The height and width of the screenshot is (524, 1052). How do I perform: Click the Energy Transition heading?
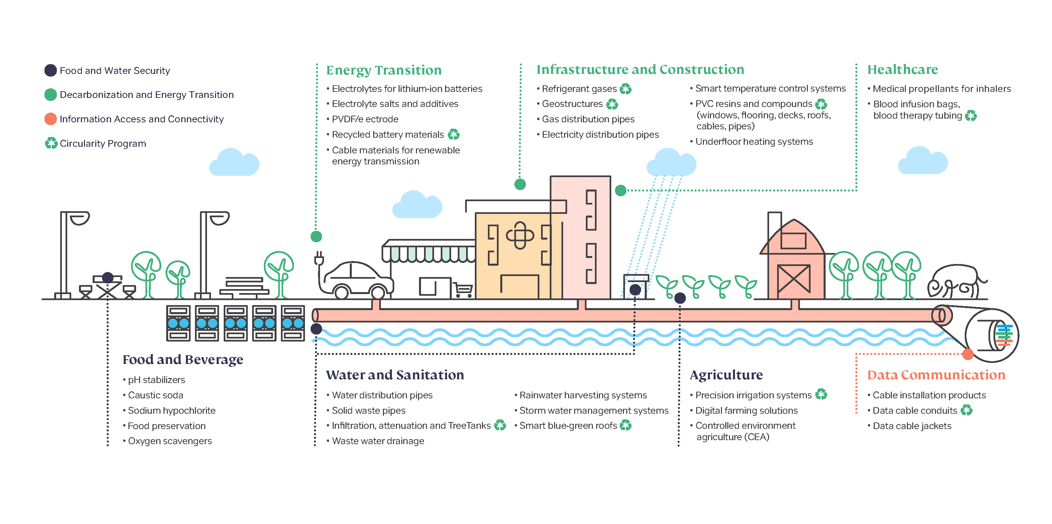click(384, 70)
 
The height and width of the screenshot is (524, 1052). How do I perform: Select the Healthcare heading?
click(903, 70)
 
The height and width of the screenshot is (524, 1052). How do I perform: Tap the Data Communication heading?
click(936, 375)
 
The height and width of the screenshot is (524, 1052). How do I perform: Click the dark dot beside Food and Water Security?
click(50, 70)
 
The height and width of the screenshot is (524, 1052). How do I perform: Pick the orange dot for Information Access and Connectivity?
click(50, 119)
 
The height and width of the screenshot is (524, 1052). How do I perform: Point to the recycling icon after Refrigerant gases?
click(625, 89)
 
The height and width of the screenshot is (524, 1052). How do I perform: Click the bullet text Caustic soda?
click(155, 395)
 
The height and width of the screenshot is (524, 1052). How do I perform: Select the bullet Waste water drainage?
click(378, 441)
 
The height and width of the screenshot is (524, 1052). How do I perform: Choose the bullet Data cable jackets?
click(912, 426)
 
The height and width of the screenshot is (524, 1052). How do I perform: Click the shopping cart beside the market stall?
click(463, 290)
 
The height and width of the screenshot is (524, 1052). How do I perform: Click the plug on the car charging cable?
click(319, 258)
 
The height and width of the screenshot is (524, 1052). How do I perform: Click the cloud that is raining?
click(671, 162)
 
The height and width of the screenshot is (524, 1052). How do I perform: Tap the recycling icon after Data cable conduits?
click(966, 410)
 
